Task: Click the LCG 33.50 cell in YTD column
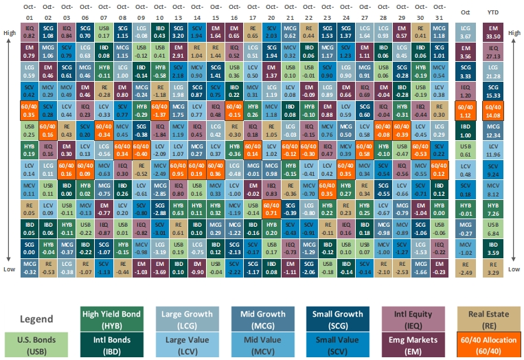pyautogui.click(x=493, y=32)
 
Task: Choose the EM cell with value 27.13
pyautogui.click(x=493, y=50)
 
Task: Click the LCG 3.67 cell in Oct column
pyautogui.click(x=464, y=32)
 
